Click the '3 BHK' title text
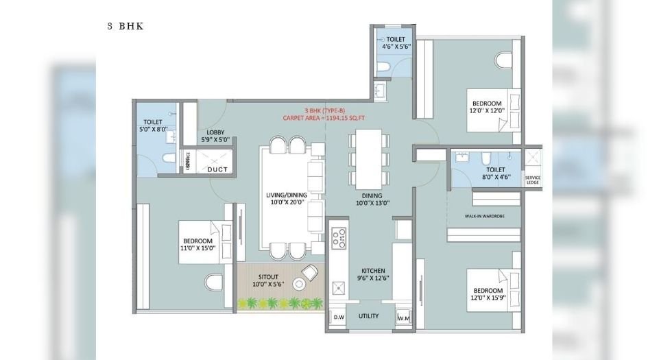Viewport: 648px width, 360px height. tap(125, 27)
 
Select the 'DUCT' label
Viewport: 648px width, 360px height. tap(217, 169)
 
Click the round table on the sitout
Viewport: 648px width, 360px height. tap(299, 284)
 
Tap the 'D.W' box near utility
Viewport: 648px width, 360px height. tap(339, 317)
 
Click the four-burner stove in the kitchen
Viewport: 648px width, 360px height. tap(339, 239)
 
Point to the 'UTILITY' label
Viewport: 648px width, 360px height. tap(370, 316)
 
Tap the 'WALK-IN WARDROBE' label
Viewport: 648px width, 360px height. tap(484, 216)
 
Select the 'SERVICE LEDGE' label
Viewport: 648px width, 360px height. tap(532, 180)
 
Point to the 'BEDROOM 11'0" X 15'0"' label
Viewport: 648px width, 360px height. tap(199, 244)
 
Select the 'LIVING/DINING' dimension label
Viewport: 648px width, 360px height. tap(286, 199)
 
